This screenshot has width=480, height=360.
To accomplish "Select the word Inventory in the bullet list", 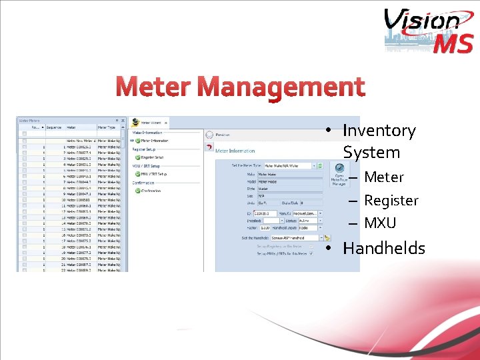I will click(379, 131).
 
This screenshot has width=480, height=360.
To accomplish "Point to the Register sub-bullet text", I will click(391, 200).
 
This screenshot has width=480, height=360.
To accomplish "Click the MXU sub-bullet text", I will click(380, 223).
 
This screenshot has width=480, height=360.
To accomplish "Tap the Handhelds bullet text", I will click(383, 248).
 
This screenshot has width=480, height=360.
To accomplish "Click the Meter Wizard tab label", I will click(151, 123).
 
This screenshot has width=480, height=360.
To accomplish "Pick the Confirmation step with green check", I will click(153, 191).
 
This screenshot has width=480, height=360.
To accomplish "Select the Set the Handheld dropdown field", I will click(296, 237).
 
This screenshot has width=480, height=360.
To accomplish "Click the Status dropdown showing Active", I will click(309, 220).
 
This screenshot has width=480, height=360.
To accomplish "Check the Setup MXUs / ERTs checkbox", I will click(311, 253).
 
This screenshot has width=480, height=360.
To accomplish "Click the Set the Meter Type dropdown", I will click(290, 165).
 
